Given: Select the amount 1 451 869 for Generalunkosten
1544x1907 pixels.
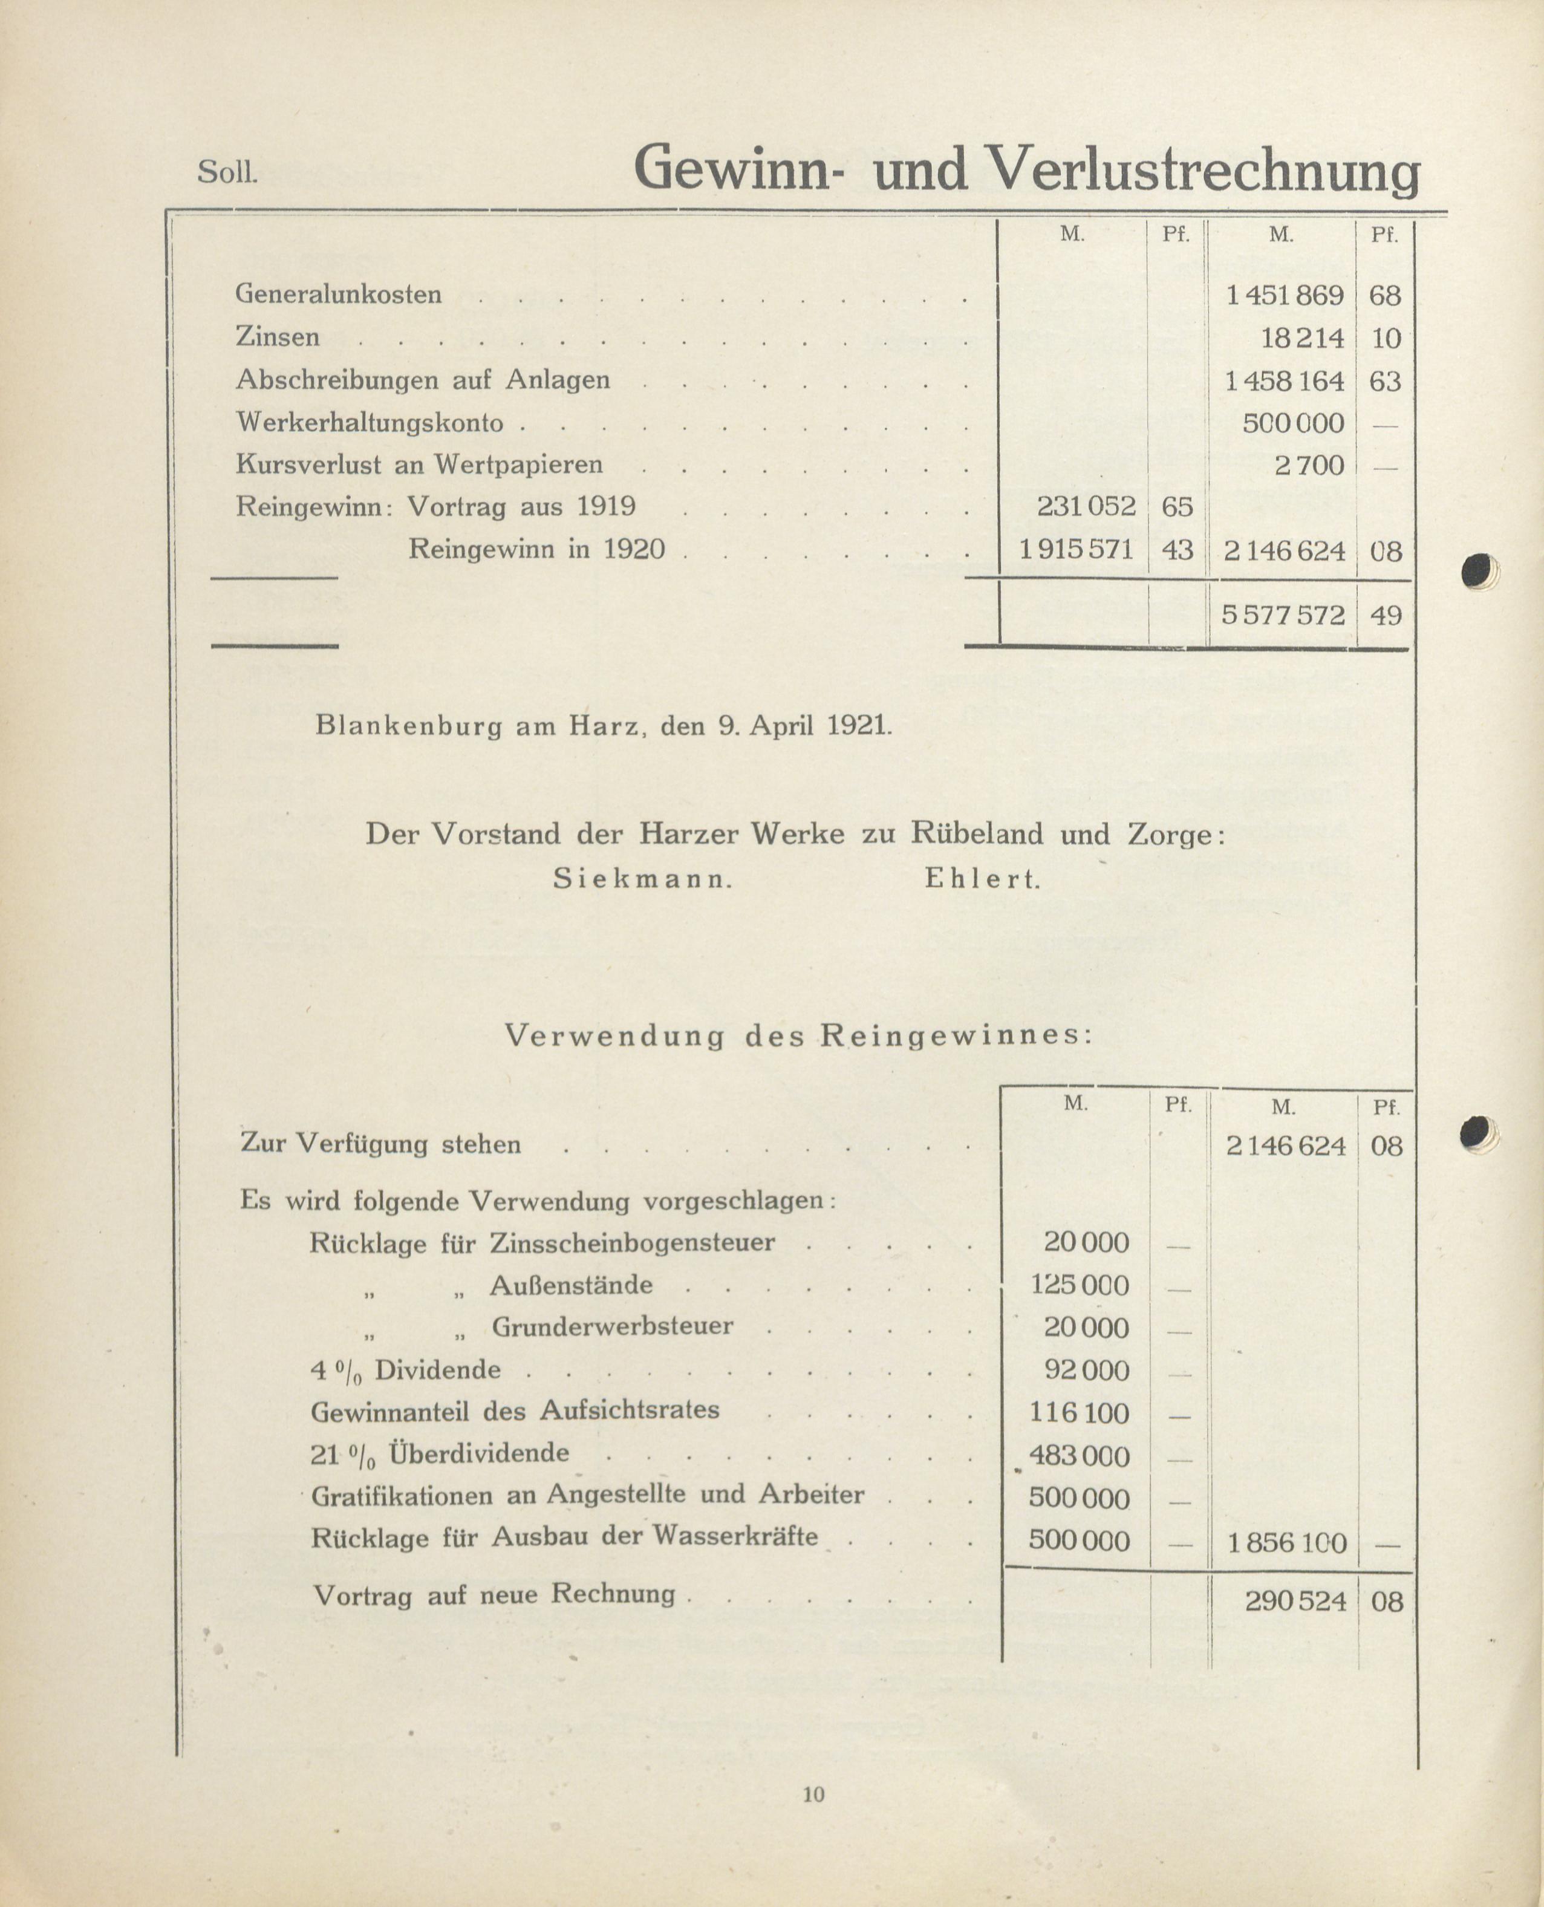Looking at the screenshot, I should pos(1285,295).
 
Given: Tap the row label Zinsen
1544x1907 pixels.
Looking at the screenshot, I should pos(278,337).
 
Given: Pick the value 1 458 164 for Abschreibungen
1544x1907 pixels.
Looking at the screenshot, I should pos(1285,380).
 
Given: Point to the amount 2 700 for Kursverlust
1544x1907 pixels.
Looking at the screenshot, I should pos(1309,465).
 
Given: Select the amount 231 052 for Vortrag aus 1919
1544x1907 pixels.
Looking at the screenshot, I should pos(1086,506).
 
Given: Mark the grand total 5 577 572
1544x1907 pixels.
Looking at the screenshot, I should pos(1283,614).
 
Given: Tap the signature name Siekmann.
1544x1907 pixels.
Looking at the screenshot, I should pos(642,879).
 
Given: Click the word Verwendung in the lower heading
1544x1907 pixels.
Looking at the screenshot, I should pos(614,1036).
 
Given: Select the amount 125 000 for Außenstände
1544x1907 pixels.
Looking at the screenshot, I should pos(1079,1285).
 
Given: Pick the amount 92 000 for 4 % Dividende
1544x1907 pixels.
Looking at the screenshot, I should pos(1086,1370).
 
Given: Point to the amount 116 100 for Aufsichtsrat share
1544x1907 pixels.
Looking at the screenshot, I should pos(1079,1412).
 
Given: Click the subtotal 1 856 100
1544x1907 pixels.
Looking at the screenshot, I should pos(1286,1542).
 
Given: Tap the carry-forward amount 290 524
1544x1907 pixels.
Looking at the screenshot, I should pos(1296,1602).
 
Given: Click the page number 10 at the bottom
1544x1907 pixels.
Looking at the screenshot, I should pos(814,1794).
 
